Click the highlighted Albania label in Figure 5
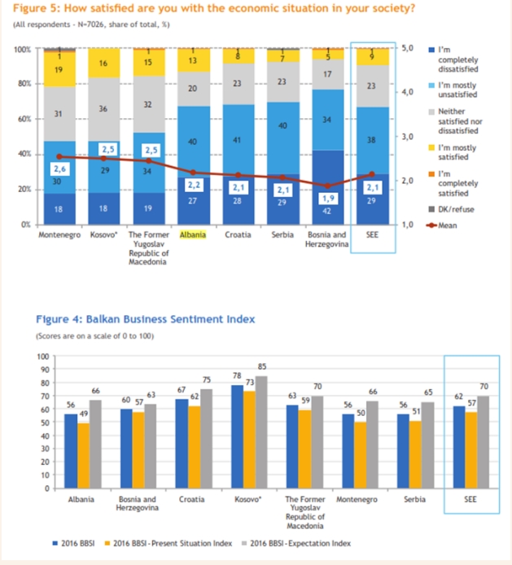(x=193, y=234)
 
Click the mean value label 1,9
(x=327, y=198)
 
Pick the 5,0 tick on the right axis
(x=409, y=50)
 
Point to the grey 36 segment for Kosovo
(x=103, y=108)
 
